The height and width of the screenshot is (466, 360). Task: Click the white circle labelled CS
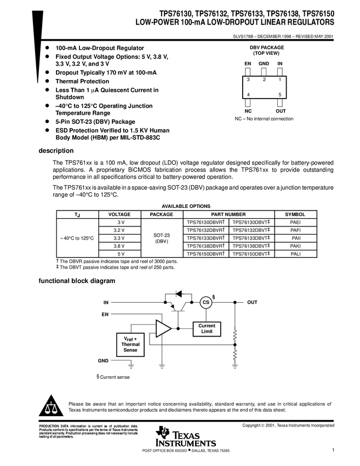tap(206, 303)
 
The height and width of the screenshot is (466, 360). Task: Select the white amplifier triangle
tap(162, 328)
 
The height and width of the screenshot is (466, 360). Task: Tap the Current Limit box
tap(207, 329)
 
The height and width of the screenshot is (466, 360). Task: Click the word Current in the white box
tap(207, 326)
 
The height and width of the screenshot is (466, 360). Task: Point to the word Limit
tap(207, 332)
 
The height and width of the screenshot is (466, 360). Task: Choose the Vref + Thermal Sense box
tap(130, 345)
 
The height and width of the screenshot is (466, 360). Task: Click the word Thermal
tap(130, 345)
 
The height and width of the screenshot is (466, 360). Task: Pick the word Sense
tap(130, 350)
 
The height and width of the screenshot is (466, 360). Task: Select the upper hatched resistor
tap(235, 335)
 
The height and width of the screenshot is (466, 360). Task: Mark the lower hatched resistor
tap(235, 355)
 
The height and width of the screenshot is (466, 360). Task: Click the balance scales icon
tap(51, 408)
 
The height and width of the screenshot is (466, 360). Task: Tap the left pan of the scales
tap(48, 411)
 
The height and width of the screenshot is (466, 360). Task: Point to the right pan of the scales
tap(54, 411)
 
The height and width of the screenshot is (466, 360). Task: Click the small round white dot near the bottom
tap(178, 442)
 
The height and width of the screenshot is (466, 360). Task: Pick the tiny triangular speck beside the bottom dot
tap(191, 436)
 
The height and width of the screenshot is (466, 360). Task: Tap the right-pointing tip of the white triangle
tap(170, 328)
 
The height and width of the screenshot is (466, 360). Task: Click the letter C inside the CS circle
tap(204, 303)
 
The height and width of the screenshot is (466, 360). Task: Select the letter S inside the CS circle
tap(208, 303)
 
